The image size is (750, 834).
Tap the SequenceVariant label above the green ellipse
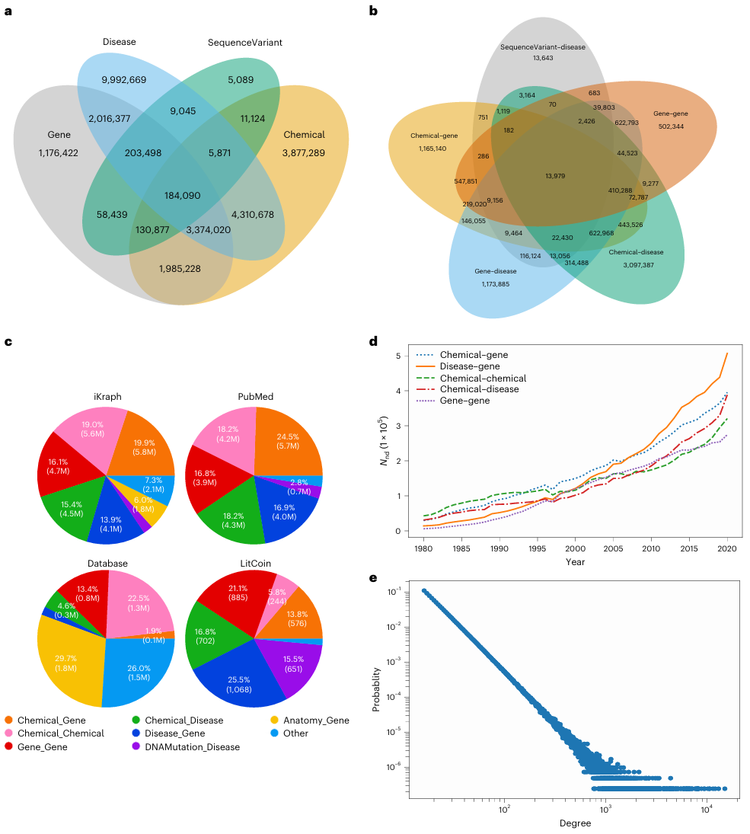[244, 43]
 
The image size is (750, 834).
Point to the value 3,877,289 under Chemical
[304, 153]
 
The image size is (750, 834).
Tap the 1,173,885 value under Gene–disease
[495, 283]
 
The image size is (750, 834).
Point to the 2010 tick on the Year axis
[651, 548]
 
